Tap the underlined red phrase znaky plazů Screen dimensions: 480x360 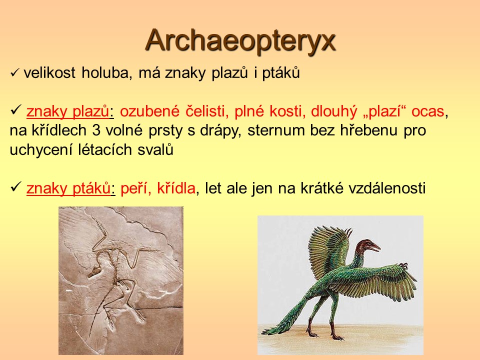[x=68, y=111]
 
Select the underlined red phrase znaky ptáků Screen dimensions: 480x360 [x=68, y=188]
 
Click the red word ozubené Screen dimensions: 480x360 [x=150, y=111]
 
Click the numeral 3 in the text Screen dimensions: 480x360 [x=96, y=130]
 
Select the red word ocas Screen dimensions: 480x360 [x=427, y=111]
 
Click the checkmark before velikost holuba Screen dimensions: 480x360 [x=14, y=73]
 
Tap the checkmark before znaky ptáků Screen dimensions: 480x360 [x=16, y=186]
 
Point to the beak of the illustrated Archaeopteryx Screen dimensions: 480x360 [x=375, y=247]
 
